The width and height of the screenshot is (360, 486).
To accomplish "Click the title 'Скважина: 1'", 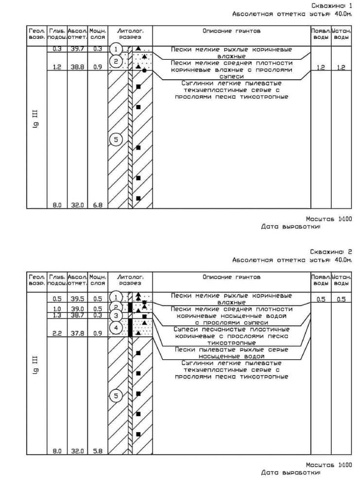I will [x=331, y=5].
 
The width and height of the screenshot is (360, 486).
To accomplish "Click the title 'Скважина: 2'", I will [x=331, y=252].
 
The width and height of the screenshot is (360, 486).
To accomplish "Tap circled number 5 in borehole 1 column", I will [x=116, y=140].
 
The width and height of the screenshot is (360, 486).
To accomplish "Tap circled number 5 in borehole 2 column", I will [x=116, y=396].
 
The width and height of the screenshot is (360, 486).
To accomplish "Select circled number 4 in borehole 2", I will [x=116, y=328].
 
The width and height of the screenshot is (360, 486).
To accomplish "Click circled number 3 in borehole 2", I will [x=116, y=316].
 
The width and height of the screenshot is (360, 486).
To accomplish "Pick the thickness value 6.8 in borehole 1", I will [x=98, y=205].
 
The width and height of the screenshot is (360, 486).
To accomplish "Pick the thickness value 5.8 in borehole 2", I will [x=98, y=451].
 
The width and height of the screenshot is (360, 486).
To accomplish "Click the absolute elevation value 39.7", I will [x=77, y=49].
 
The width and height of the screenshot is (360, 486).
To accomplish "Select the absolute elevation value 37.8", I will [x=77, y=333].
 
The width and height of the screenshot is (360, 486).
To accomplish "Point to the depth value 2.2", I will [x=57, y=333].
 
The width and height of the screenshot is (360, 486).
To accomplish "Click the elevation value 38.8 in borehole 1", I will [x=77, y=68].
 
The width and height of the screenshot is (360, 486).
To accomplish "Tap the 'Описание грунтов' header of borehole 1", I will [x=231, y=31].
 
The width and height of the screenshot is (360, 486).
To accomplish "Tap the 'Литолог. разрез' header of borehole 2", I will [x=130, y=280].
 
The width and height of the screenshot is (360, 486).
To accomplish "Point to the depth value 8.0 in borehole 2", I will [x=57, y=451].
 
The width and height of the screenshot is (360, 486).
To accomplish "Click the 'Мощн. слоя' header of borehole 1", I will [x=98, y=34].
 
